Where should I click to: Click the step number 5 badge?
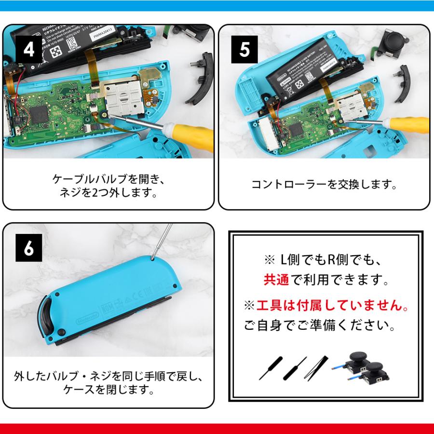[244, 50]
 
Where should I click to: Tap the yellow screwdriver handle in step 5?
[414, 123]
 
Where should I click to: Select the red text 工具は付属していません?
[330, 305]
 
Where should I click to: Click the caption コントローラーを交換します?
[324, 185]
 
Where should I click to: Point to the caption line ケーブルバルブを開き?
[108, 179]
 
